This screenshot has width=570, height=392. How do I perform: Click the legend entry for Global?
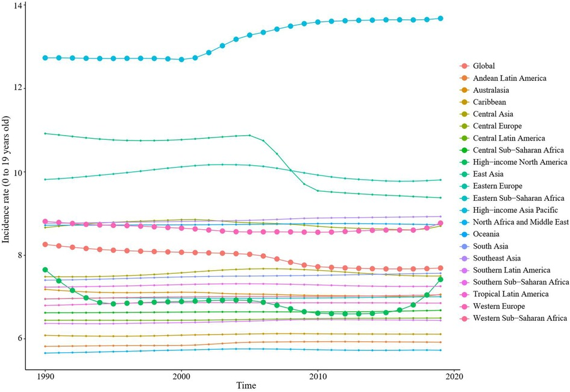486,66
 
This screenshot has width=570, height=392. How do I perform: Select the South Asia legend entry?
492,246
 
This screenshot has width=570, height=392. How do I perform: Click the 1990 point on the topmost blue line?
45,57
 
